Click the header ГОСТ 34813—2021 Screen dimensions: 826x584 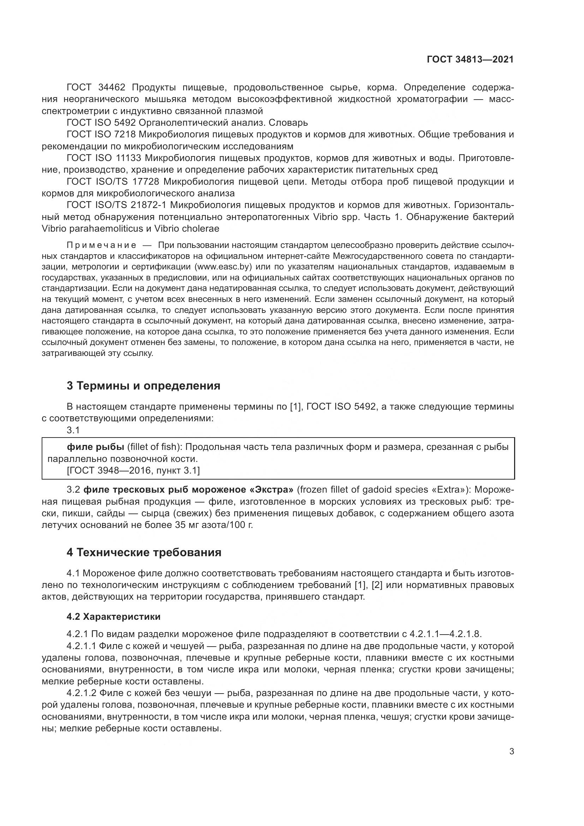(470, 59)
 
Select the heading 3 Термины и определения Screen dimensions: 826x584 (143, 386)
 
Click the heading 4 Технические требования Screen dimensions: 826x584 (144, 552)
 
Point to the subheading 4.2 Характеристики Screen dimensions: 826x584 (113, 617)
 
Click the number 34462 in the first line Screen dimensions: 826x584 (112, 88)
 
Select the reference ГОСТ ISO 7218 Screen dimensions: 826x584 (101, 135)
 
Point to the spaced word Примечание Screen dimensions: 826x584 (101, 245)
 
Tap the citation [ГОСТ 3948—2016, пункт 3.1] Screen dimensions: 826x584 (133, 470)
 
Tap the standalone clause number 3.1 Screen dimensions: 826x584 (73, 430)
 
